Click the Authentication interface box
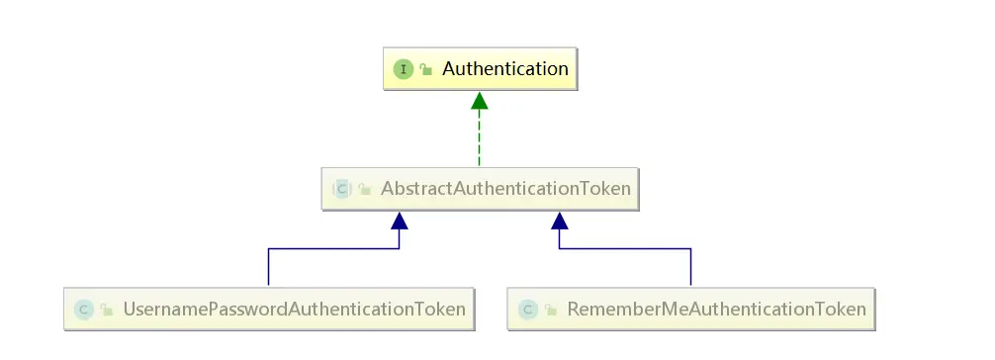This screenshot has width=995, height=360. pyautogui.click(x=479, y=69)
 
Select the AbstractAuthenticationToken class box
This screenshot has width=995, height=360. pyautogui.click(x=480, y=188)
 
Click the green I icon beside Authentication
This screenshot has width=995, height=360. pyautogui.click(x=404, y=69)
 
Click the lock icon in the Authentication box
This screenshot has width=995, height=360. pyautogui.click(x=425, y=70)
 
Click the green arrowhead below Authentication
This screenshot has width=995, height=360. pyautogui.click(x=479, y=100)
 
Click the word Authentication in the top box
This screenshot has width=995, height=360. pyautogui.click(x=504, y=69)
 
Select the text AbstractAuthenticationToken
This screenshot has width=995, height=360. pyautogui.click(x=505, y=189)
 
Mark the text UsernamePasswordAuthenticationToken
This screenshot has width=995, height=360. pyautogui.click(x=294, y=310)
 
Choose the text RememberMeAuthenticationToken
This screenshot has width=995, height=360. pyautogui.click(x=716, y=310)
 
